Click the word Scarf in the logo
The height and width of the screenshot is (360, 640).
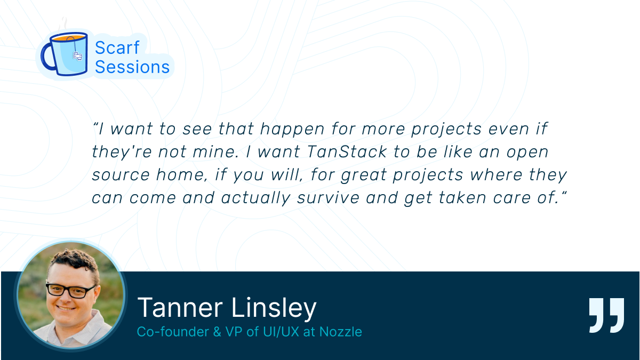(117, 47)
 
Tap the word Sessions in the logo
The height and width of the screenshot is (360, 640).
(132, 67)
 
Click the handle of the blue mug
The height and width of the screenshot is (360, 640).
(47, 57)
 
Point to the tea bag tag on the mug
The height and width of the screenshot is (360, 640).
(77, 56)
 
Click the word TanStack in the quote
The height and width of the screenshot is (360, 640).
(347, 151)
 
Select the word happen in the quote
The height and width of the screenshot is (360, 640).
(292, 129)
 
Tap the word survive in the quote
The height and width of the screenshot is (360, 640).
(328, 198)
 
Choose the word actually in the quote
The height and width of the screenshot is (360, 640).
(255, 198)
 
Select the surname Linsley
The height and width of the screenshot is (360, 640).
(274, 309)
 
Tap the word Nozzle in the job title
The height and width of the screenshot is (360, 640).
(341, 332)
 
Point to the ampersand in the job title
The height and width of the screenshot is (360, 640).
(217, 332)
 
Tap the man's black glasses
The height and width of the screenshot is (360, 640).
(71, 291)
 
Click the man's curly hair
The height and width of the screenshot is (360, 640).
(75, 259)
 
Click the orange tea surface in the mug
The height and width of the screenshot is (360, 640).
(69, 37)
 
